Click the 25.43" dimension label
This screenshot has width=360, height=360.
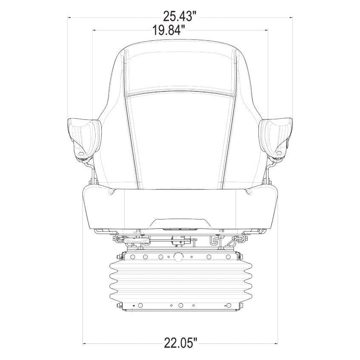tap(180, 16)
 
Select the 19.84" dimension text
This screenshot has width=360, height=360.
tap(169, 30)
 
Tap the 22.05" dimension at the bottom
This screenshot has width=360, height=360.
tap(181, 343)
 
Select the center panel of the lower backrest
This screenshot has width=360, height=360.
tap(180, 140)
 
